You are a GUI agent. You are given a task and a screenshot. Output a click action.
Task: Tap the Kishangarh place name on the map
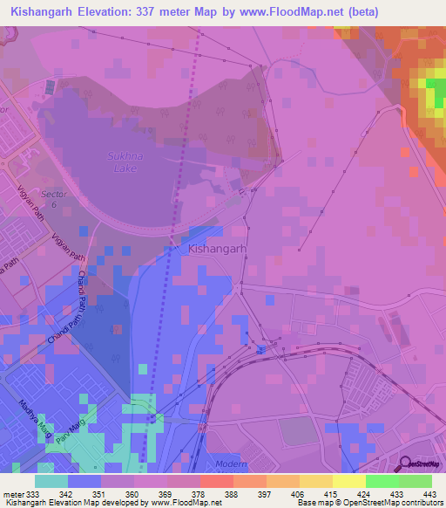218,249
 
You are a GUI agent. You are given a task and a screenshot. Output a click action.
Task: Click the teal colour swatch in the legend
51,481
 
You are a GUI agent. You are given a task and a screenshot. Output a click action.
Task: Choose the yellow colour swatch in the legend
348,481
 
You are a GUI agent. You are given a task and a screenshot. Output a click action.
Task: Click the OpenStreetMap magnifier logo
406,464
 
